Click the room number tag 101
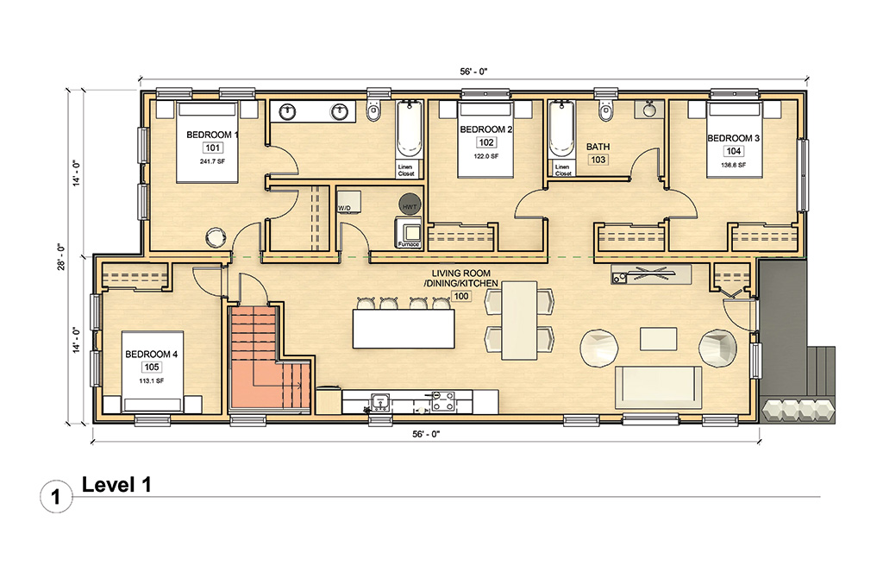211,148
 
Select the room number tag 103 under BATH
598,160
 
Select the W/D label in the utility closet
344,208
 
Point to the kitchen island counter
403,329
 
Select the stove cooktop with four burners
443,400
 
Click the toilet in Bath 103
604,111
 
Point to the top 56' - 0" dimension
473,72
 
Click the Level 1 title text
116,485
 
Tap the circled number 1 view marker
55,497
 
